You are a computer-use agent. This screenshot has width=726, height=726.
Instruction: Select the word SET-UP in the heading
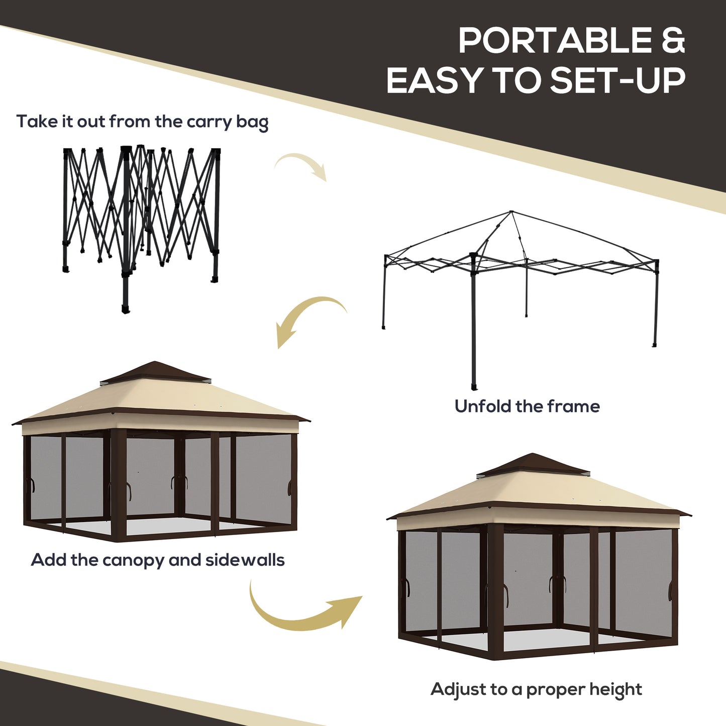coord(617,80)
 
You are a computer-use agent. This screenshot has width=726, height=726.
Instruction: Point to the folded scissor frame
coord(141,221)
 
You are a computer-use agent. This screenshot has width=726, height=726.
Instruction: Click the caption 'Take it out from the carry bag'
coord(142,122)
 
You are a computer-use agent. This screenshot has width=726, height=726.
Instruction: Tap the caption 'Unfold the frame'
coord(527,406)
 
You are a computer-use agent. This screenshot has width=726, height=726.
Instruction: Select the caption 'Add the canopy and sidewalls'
coord(158,560)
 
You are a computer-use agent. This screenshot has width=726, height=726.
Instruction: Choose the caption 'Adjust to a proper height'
coord(536,689)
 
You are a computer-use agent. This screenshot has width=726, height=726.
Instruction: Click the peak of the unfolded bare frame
coord(511,213)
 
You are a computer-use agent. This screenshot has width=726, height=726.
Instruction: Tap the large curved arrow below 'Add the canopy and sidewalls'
coord(301,610)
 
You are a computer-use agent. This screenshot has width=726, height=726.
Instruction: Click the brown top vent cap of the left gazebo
coord(156,372)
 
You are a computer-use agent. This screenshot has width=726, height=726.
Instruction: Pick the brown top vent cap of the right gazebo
coord(533,464)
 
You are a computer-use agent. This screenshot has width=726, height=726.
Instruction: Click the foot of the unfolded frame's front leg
coord(474,387)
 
